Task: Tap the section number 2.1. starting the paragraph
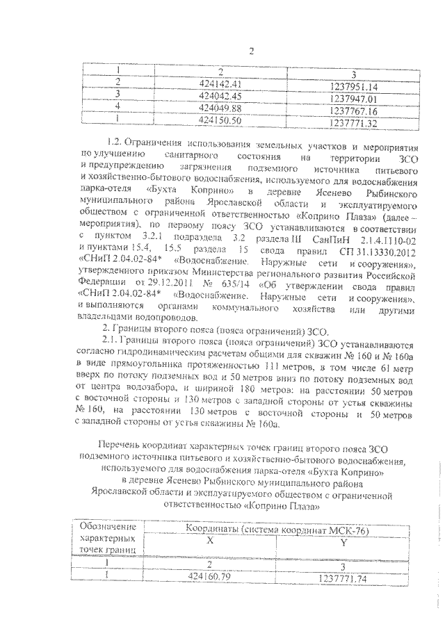pos(111,341)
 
